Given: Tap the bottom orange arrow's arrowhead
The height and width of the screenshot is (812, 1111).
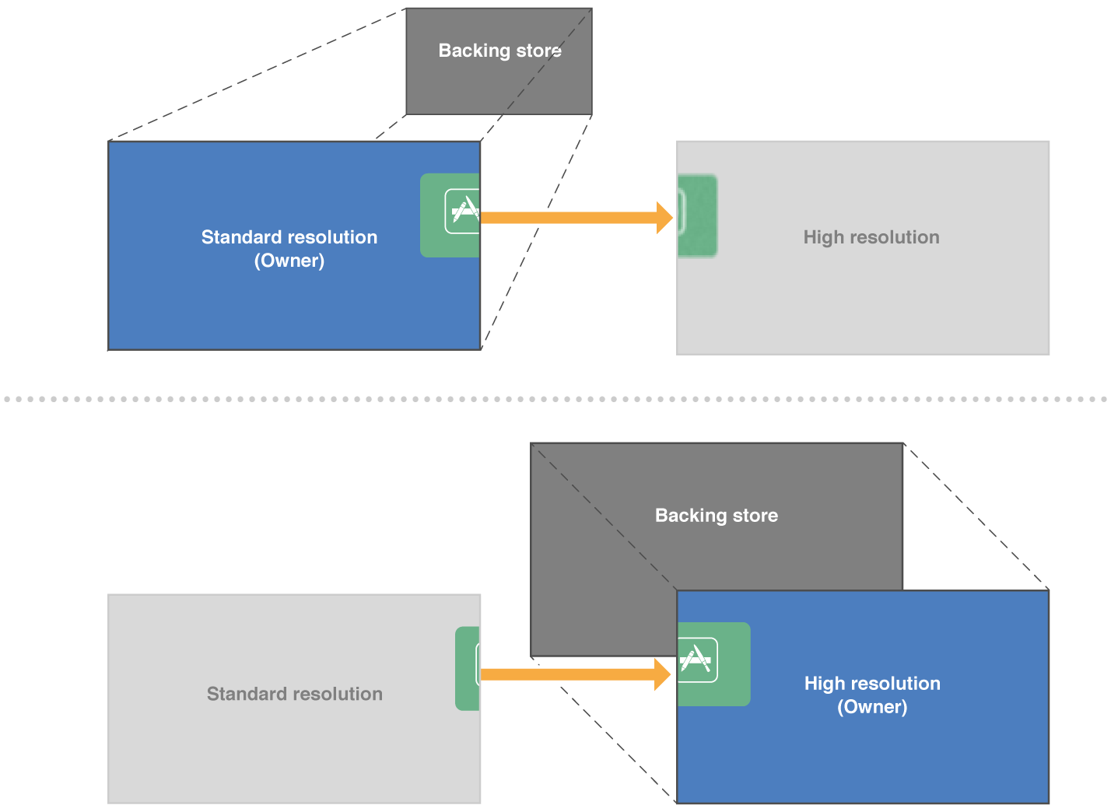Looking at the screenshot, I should [x=663, y=674].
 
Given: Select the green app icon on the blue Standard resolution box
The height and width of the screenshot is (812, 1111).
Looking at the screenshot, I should [x=450, y=215].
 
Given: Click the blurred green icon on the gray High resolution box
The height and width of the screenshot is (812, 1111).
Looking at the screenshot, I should [x=697, y=216].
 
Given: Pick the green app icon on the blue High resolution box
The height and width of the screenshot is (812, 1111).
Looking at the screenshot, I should [x=713, y=663].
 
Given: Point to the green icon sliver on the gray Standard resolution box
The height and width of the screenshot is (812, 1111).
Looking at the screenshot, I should [x=467, y=668].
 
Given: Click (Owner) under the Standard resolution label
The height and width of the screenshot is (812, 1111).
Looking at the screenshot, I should [x=289, y=261].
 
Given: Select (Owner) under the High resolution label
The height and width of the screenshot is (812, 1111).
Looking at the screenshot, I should [x=872, y=707].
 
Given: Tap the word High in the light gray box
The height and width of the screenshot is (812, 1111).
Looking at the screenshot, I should [x=823, y=237].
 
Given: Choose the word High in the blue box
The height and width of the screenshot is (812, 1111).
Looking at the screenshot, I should [x=824, y=684].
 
